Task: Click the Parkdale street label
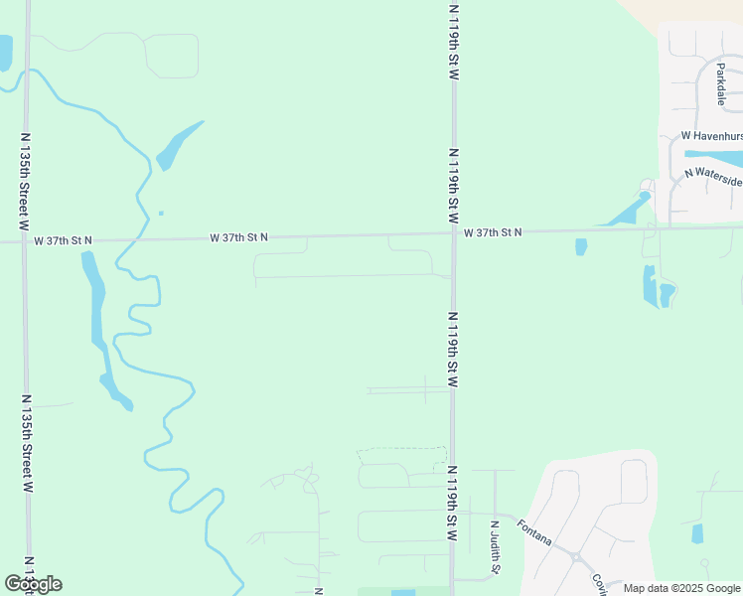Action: [721, 84]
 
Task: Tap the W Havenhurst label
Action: [711, 135]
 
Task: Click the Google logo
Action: [33, 584]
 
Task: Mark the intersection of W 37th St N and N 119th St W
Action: [454, 233]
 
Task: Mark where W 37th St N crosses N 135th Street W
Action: [25, 240]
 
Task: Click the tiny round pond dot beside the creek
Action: [161, 213]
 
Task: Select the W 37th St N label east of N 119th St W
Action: [492, 232]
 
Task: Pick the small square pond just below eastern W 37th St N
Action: [581, 246]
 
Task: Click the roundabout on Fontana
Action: [575, 557]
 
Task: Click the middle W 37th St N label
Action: [238, 237]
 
